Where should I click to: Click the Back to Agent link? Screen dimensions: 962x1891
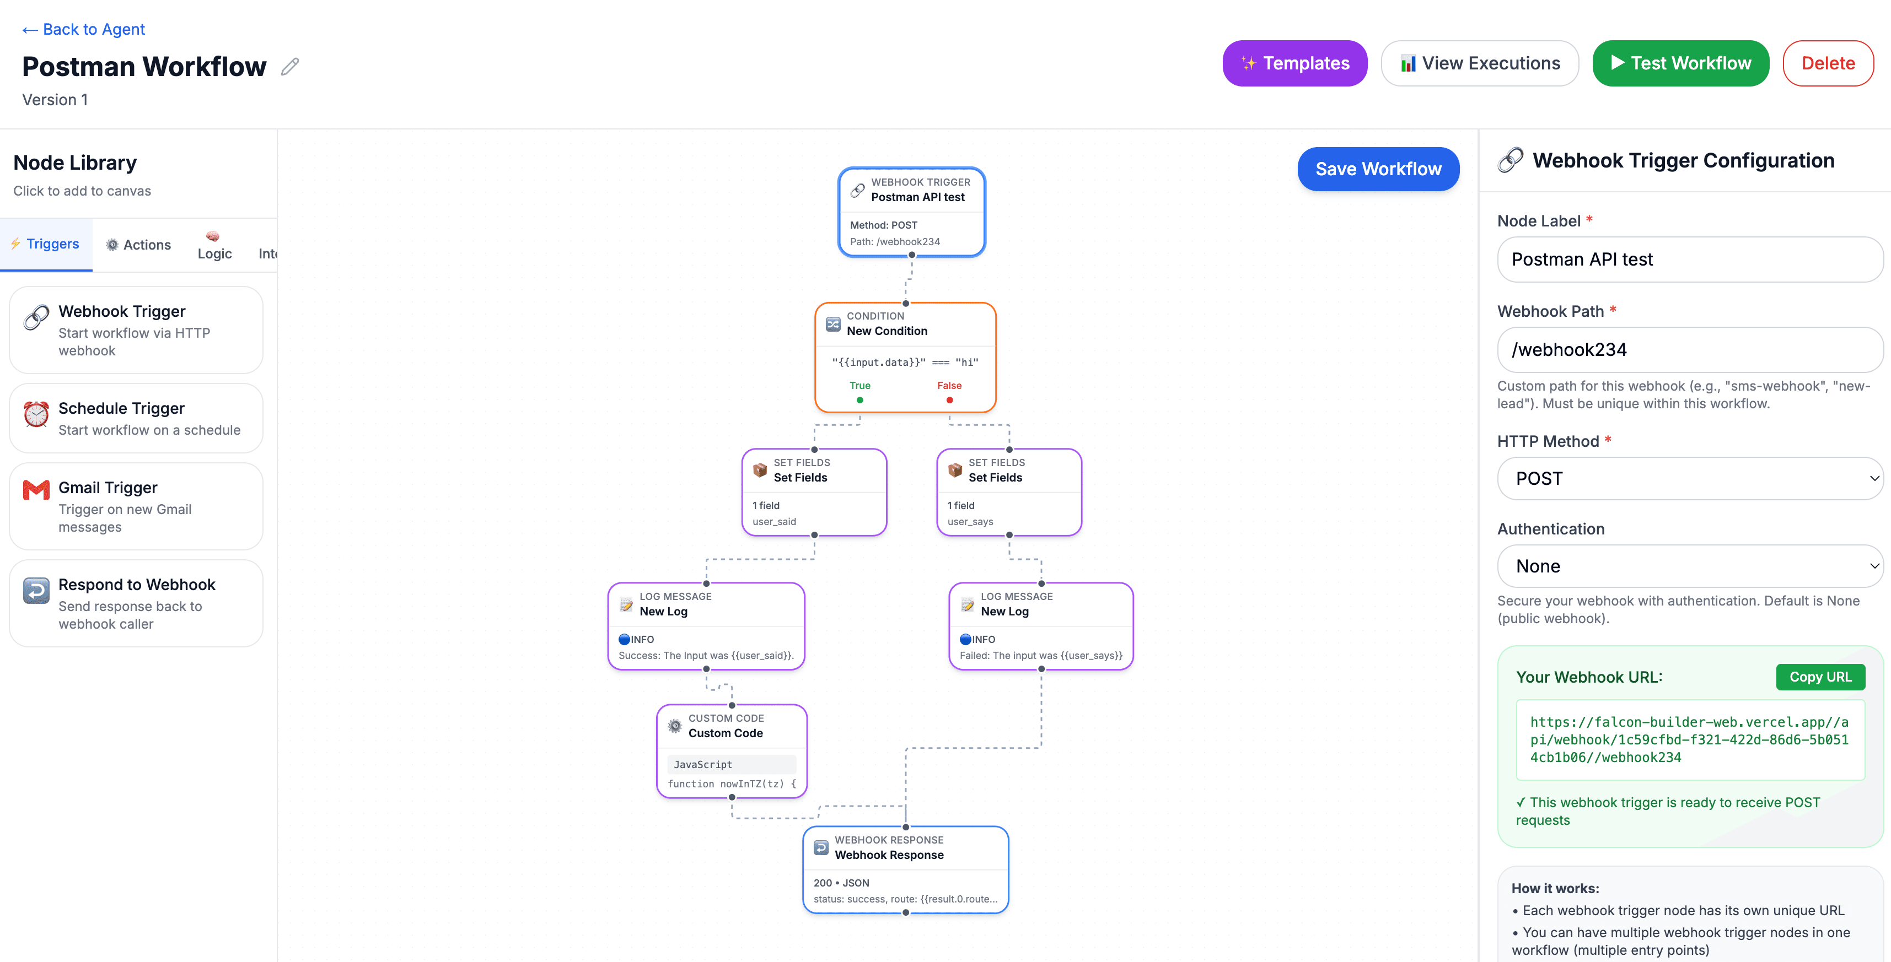84,29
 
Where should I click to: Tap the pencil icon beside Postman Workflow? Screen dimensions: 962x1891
290,67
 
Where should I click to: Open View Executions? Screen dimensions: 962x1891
1479,63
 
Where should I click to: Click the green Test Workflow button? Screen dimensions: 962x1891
1680,63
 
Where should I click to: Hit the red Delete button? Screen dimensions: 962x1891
1827,63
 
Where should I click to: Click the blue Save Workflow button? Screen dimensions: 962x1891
1378,169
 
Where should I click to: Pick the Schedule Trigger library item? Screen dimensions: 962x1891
136,418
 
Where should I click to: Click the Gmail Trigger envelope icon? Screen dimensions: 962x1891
36,489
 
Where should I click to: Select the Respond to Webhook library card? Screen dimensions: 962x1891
136,603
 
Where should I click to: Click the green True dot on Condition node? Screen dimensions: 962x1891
859,400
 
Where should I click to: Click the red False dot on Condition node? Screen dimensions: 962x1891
949,400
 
